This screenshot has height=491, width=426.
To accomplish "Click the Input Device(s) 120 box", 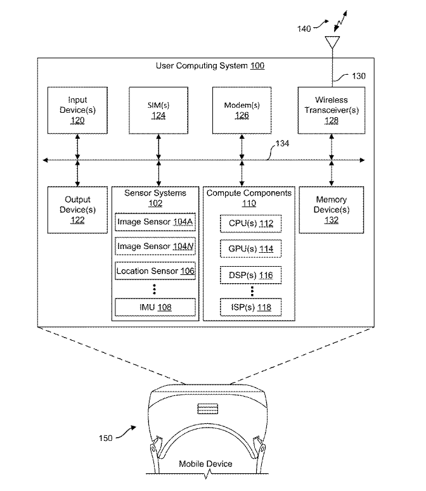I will [x=77, y=111].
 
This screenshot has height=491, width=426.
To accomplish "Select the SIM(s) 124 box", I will [x=158, y=111].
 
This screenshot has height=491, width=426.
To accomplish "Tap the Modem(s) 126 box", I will [x=242, y=111].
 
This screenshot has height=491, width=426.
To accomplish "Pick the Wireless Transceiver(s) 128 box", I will [x=332, y=111].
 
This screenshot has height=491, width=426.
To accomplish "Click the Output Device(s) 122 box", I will [x=77, y=210].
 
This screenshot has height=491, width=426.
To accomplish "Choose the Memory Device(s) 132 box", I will [x=332, y=210].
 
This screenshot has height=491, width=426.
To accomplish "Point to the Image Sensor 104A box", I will [x=155, y=222].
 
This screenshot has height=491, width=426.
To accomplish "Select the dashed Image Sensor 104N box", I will [x=155, y=246].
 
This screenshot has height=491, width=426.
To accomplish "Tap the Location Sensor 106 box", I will [x=155, y=271].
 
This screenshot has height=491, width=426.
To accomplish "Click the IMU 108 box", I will [x=155, y=307].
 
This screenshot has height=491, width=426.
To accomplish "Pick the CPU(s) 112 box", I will [x=250, y=224].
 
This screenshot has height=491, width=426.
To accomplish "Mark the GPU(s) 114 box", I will [x=250, y=248].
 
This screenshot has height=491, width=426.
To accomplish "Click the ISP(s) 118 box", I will [x=250, y=307].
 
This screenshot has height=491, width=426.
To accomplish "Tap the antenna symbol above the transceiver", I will [x=331, y=43].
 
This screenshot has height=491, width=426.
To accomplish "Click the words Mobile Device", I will [x=205, y=464].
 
